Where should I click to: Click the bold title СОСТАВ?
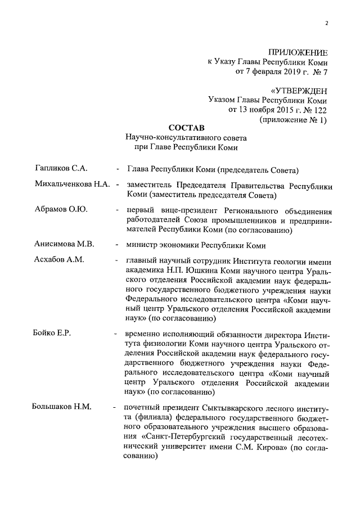(x=187, y=128)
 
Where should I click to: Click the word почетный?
(x=147, y=407)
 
